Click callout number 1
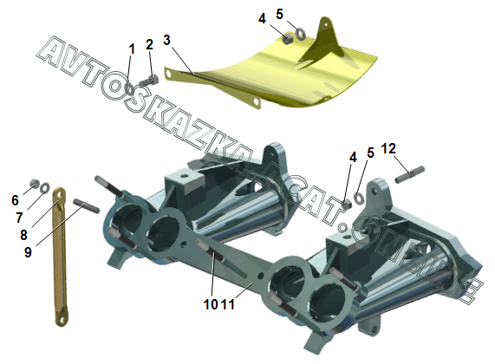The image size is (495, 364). point(132,49)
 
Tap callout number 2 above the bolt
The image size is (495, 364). point(149,44)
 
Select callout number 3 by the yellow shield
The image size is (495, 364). point(166,40)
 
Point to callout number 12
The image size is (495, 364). point(388,148)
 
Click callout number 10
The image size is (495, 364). point(211,304)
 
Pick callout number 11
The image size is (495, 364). point(228,304)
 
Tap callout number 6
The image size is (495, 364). point(15,200)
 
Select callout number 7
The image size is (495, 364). point(19,218)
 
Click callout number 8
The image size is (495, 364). point(23,235)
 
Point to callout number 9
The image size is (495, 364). point(28,252)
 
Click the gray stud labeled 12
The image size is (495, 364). point(410,174)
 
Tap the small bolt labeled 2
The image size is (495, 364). point(149,81)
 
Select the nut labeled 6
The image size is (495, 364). point(34,183)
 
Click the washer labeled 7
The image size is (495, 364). point(45,188)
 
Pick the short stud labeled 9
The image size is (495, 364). point(86,205)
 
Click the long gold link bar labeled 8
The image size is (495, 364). point(60,257)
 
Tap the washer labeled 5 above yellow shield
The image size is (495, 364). point(300,34)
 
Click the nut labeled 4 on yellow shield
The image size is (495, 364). point(287,38)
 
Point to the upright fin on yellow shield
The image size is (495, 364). point(322,40)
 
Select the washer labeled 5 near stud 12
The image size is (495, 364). point(359,198)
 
